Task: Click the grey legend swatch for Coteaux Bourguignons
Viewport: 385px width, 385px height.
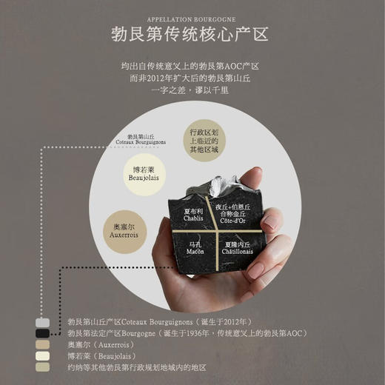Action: tap(44, 323)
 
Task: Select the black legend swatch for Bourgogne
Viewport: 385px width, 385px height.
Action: tap(44, 334)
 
